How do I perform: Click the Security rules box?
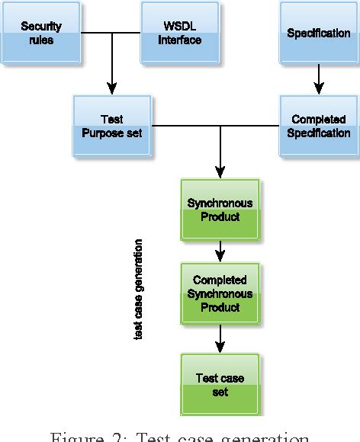click(x=41, y=34)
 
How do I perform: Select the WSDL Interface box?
click(x=180, y=34)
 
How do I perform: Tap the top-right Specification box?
click(x=318, y=34)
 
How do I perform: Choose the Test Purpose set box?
click(x=111, y=127)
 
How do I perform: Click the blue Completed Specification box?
click(x=318, y=127)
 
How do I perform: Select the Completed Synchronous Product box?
click(x=220, y=293)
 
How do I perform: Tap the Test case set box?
click(x=220, y=385)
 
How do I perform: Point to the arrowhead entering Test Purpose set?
click(x=112, y=88)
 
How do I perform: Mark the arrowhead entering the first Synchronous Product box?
click(x=220, y=172)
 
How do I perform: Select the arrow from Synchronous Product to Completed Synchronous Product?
click(x=220, y=250)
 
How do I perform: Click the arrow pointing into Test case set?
click(x=220, y=340)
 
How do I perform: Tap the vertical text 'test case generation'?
click(x=138, y=290)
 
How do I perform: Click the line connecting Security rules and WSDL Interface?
click(x=111, y=34)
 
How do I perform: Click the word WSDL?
click(x=180, y=27)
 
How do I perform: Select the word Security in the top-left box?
click(x=41, y=27)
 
